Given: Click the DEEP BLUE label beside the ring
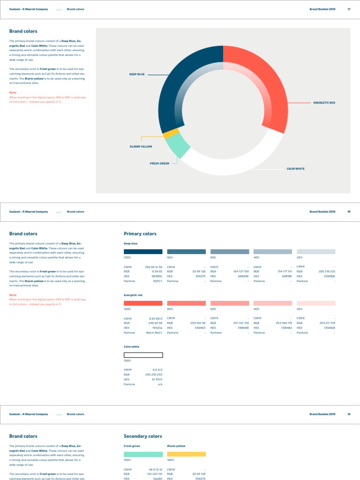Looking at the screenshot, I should coord(137,75).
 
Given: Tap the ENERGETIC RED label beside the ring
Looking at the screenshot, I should coord(324,103).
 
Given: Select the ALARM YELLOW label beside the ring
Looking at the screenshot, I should coord(141,147).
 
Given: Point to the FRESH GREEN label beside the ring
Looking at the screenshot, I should coord(159,164).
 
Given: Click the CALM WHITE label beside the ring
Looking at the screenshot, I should coord(295,169).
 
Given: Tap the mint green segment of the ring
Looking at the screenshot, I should coord(178,147).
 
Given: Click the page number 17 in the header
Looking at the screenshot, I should coord(349,9).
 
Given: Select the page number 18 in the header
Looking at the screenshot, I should coord(349,212).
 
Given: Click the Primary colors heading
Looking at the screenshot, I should coord(140,233).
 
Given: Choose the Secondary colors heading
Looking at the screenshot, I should coord(142,436).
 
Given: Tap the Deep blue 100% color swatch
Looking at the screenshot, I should coord(143,252).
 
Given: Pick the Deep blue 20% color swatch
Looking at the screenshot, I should coord(316,252).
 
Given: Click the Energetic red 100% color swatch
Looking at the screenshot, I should coord(143,303).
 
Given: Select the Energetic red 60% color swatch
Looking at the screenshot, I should coord(230,303).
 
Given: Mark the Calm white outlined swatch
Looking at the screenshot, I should coord(143,355).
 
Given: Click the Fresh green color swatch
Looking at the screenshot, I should coord(143,454).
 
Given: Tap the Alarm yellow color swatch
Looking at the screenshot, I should coord(186,454).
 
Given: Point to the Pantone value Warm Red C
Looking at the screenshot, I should coord(154,333).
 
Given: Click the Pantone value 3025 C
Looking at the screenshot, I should coord(157,281).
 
